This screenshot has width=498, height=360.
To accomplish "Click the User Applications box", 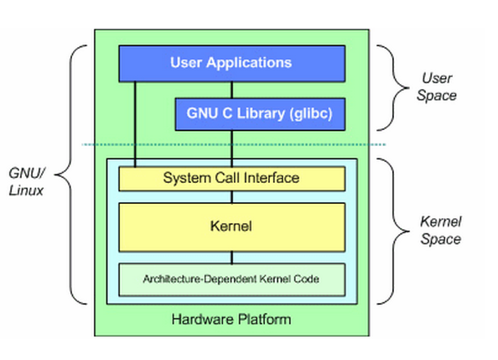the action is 232,64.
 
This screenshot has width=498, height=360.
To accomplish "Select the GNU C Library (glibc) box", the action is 260,114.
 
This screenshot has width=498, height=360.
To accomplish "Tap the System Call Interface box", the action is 232,179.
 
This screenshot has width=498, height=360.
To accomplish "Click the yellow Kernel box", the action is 232,227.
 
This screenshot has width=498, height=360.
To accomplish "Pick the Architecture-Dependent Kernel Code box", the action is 232,279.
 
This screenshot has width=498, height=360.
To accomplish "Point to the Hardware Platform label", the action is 231,319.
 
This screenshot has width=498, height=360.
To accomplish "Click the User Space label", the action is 437,86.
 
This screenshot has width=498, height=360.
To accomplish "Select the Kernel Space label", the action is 441,230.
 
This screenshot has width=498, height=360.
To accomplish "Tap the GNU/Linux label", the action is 27,181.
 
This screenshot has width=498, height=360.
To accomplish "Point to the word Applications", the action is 249,63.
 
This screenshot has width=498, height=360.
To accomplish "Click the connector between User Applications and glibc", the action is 232,91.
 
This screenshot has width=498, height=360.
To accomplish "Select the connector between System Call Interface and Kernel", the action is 232,197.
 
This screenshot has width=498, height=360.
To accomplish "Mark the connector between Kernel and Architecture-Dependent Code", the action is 232,258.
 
